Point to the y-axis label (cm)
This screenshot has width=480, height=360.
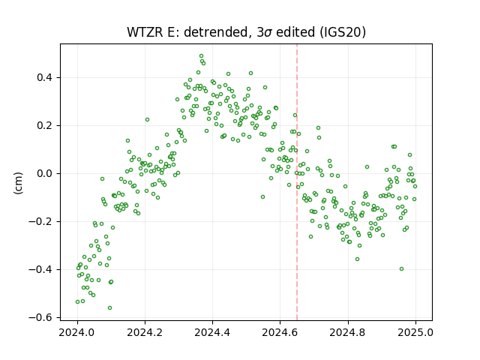(18, 183)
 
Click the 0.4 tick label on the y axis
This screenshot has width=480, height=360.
(44, 77)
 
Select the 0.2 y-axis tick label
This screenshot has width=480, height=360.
(44, 125)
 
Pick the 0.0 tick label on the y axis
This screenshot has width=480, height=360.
(44, 173)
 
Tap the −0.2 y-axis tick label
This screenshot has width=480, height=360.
(40, 221)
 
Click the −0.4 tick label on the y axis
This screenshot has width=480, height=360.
(40, 269)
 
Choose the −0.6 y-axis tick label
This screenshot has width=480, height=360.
(40, 317)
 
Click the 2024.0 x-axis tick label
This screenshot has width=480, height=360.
(77, 332)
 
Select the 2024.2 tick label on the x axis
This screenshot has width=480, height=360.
(145, 332)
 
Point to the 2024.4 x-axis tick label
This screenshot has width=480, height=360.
(212, 332)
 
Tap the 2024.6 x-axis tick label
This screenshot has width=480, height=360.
(280, 332)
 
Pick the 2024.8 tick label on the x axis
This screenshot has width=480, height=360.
(348, 332)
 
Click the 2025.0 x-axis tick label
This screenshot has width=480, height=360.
(415, 332)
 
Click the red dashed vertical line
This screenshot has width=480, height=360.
(297, 182)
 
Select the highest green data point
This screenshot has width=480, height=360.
(201, 56)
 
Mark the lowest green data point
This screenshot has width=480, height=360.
(109, 307)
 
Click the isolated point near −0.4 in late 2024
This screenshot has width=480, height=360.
(402, 268)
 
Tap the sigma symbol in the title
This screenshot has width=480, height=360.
(268, 33)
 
